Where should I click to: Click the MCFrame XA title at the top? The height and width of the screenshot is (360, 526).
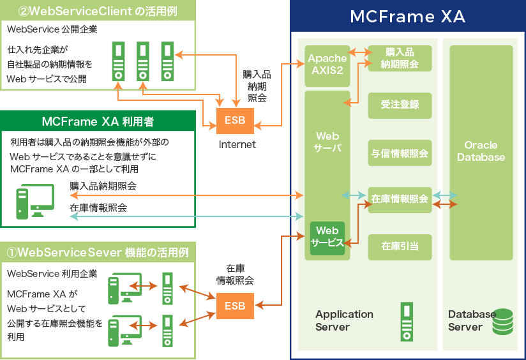407,17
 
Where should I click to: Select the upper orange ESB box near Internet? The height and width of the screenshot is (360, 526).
235,121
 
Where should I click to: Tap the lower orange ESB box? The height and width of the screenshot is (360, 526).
235,306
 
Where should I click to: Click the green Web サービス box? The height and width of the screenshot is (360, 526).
327,237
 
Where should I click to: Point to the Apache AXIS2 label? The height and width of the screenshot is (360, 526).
327,64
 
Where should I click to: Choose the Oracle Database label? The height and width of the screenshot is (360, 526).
481,151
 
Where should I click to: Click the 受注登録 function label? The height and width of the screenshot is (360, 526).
400,105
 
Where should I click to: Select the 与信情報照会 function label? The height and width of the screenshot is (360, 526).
400,154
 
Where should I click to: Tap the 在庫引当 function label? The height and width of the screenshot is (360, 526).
400,246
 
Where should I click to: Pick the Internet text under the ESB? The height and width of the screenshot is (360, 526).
237,145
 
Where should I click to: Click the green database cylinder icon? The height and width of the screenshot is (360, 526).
502,322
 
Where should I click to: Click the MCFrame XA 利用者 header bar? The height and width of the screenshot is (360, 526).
98,121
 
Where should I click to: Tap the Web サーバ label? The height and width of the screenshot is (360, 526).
327,142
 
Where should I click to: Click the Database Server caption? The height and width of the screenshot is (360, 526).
471,320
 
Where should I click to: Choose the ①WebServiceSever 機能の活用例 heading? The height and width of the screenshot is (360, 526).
98,253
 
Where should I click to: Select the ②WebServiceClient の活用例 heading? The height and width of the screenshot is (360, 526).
98,11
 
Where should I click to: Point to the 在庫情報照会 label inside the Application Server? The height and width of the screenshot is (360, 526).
400,199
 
